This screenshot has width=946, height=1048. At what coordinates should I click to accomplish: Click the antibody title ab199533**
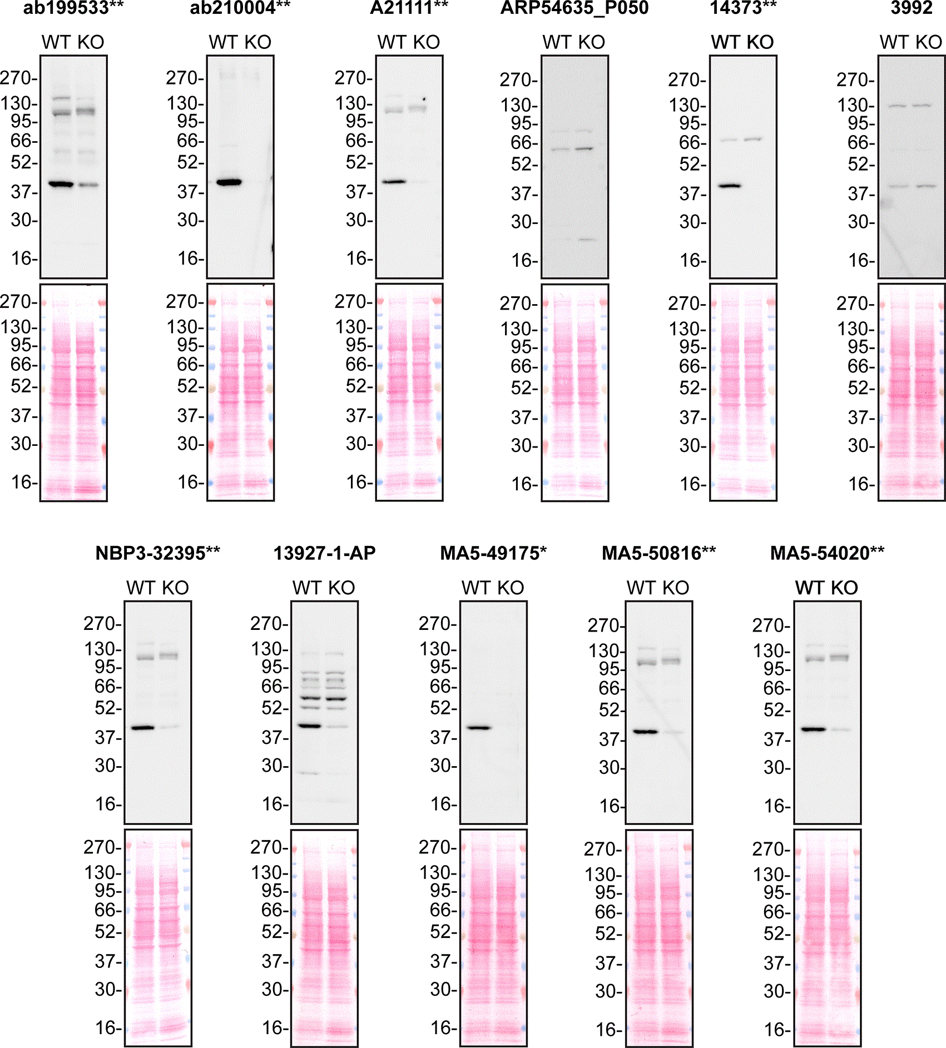[73, 8]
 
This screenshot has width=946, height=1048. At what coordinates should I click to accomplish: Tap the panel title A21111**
[409, 8]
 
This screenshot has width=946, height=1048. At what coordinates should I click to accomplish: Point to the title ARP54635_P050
[574, 8]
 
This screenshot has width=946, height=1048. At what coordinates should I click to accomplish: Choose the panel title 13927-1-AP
[324, 553]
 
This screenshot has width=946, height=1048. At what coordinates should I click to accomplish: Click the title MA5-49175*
[493, 553]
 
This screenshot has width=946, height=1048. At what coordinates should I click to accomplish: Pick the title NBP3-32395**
[158, 553]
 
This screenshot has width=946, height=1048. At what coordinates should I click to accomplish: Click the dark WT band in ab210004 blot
[229, 182]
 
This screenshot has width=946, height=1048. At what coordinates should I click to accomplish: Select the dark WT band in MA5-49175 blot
[478, 727]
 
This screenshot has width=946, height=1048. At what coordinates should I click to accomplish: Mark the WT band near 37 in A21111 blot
[394, 181]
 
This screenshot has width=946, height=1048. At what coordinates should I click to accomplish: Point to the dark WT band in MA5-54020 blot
[813, 729]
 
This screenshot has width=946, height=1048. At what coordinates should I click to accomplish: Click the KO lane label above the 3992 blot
[929, 42]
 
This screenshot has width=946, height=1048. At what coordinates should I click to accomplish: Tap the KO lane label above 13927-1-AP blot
[341, 588]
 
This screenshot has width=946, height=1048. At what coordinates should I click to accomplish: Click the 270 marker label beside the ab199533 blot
[17, 78]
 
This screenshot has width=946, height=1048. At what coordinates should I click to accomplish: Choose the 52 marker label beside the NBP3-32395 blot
[106, 708]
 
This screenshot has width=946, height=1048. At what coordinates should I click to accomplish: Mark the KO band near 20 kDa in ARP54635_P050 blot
[587, 240]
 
